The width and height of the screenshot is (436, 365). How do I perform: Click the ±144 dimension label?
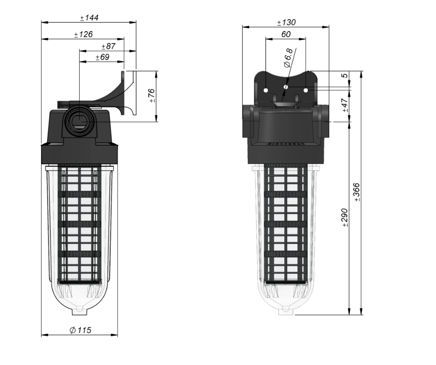(x=89, y=18)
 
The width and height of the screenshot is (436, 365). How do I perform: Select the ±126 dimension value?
(x=83, y=34)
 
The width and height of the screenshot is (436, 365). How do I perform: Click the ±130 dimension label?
(x=286, y=22)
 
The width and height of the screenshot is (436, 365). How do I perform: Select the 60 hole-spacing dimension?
(x=286, y=34)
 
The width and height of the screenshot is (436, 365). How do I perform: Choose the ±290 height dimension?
(x=345, y=218)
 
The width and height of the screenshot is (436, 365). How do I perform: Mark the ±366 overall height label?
(x=357, y=192)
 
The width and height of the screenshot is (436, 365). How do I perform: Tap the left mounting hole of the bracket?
(x=265, y=90)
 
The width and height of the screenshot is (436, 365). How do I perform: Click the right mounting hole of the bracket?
(x=306, y=90)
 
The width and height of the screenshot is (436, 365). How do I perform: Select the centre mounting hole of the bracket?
(x=286, y=87)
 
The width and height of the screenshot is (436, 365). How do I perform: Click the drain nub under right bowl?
(x=286, y=311)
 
